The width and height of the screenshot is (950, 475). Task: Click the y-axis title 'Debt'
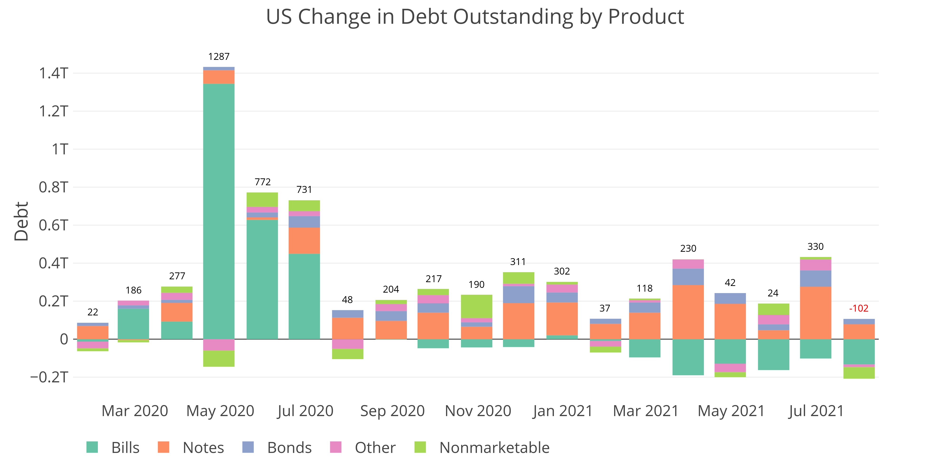tap(21, 221)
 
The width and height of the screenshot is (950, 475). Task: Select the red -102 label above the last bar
tap(859, 308)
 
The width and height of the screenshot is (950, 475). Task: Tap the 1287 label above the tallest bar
tap(219, 57)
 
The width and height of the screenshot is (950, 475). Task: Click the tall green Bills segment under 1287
tap(219, 210)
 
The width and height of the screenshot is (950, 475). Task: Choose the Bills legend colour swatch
tap(92, 447)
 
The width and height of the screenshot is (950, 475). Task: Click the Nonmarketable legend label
tap(494, 448)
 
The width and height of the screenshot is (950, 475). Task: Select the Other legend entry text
tap(375, 448)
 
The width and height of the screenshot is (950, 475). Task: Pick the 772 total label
tap(263, 182)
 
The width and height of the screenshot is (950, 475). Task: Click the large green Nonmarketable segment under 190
tap(476, 306)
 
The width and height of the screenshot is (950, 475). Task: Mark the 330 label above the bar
tap(815, 246)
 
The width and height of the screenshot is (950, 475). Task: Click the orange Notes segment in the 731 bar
tap(304, 240)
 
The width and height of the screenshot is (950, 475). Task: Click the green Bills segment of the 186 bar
tap(133, 323)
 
